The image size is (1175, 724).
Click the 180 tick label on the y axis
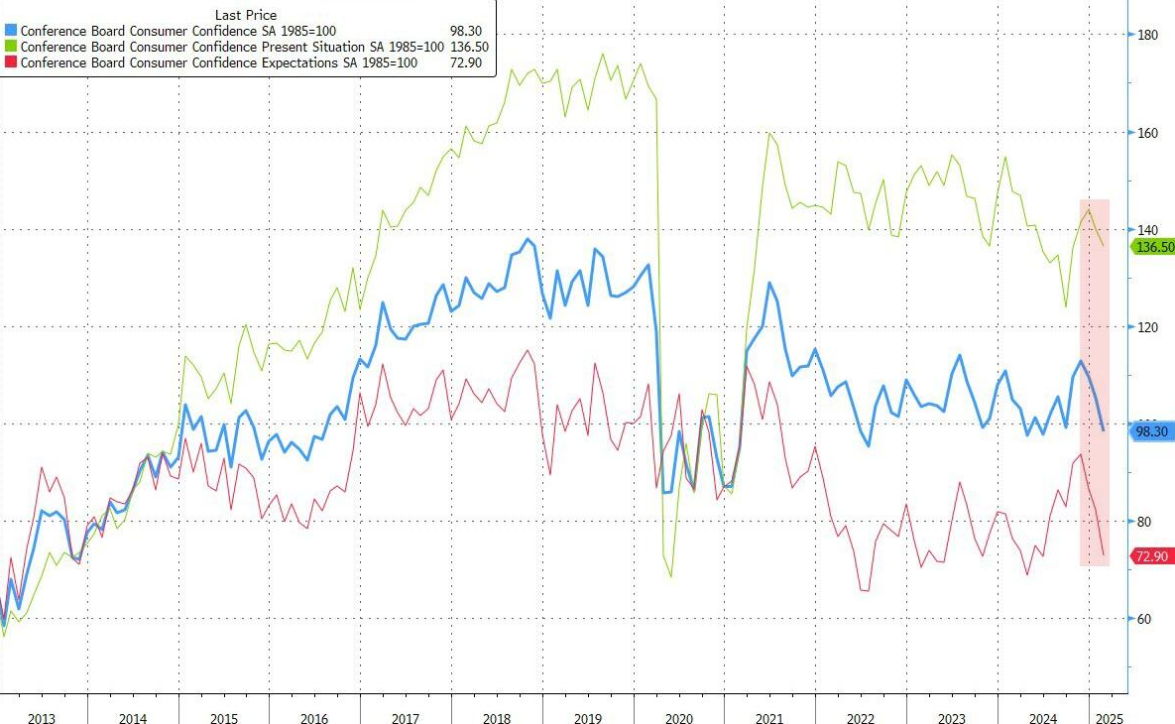tap(1147, 35)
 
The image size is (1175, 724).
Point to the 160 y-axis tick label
tap(1147, 132)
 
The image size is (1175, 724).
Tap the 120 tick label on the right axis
tap(1147, 327)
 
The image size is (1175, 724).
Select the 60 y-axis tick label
tap(1145, 619)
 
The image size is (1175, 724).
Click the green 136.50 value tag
tap(1153, 246)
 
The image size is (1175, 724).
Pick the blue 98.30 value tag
tap(1151, 431)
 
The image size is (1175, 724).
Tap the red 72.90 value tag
tap(1151, 556)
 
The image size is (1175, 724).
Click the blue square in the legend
tap(10, 31)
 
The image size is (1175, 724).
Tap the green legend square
tap(10, 47)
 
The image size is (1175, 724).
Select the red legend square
tap(10, 62)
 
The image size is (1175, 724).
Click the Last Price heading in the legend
tap(246, 15)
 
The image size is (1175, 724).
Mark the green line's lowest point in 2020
tap(671, 576)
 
